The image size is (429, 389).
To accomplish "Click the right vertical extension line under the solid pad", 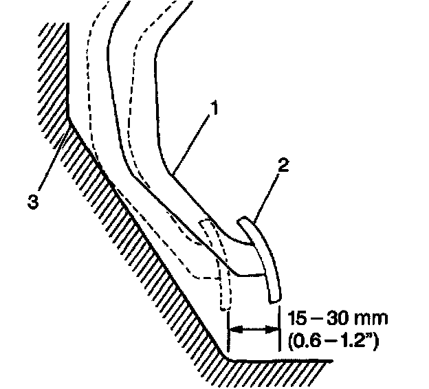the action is pos(279,330).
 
